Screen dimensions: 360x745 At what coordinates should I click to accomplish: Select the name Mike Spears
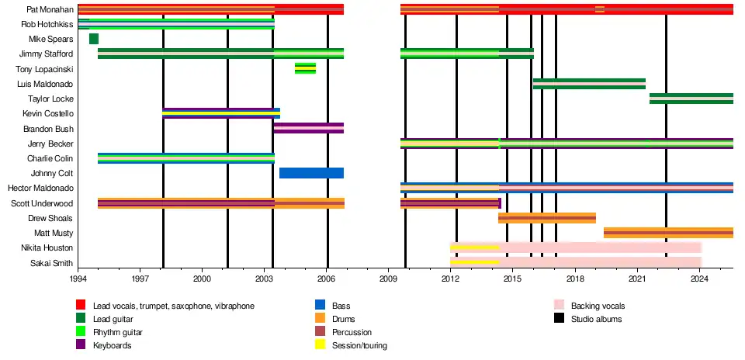point(51,39)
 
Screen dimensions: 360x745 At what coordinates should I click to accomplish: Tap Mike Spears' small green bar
point(94,39)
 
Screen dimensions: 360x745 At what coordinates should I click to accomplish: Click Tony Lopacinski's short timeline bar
point(305,68)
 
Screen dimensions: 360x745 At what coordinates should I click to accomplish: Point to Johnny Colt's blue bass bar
point(311,173)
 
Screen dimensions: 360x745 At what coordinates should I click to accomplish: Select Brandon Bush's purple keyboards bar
point(309,128)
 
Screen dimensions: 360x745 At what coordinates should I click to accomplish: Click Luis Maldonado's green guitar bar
point(589,84)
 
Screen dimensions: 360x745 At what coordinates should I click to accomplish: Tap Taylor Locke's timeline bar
point(691,99)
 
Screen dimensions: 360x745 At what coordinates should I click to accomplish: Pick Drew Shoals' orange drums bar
point(547,218)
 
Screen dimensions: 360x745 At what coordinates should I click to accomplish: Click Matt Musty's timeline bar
point(668,233)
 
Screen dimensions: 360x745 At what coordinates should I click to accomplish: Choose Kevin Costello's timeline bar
point(220,113)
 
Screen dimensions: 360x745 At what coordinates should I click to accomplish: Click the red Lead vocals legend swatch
point(81,306)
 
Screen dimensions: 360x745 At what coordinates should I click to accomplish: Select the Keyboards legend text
point(112,345)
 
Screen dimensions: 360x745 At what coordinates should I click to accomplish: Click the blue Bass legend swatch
point(318,306)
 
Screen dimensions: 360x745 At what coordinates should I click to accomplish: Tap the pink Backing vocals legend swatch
point(559,306)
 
